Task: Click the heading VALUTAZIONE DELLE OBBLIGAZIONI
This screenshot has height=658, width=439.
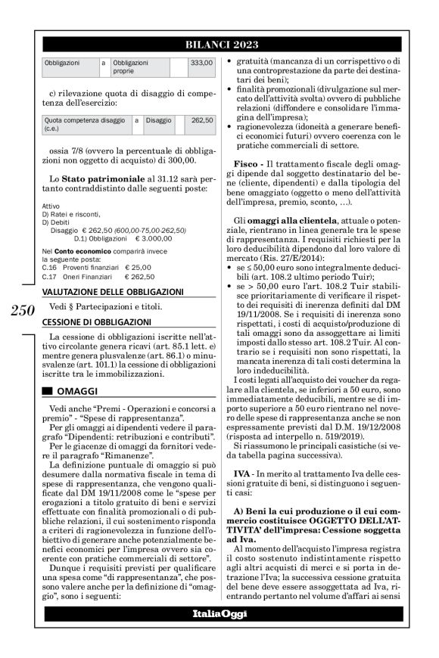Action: pos(112,290)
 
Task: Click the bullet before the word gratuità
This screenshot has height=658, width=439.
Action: pos(230,61)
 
